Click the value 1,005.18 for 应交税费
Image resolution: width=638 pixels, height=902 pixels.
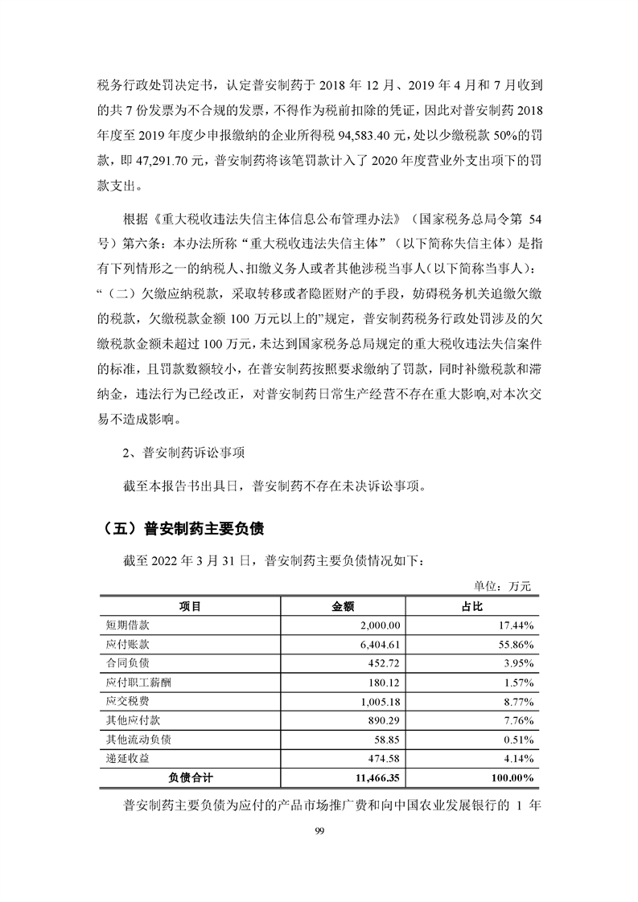[x=383, y=701]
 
